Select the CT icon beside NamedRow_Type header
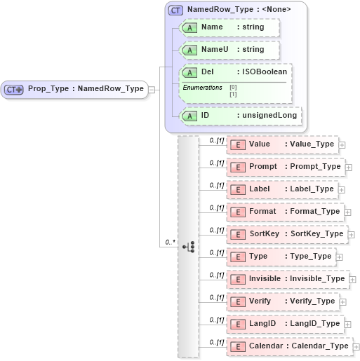click(176, 10)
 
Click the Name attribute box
click(230, 27)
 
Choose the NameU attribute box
click(230, 50)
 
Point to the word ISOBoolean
click(262, 71)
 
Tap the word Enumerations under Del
click(203, 87)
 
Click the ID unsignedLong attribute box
click(241, 115)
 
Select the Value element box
click(284, 144)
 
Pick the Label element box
click(284, 189)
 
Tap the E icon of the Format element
click(237, 212)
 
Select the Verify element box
click(284, 301)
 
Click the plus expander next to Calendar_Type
click(355, 346)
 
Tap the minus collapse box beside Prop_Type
click(152, 89)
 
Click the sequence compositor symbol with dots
click(189, 247)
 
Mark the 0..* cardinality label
click(169, 242)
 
